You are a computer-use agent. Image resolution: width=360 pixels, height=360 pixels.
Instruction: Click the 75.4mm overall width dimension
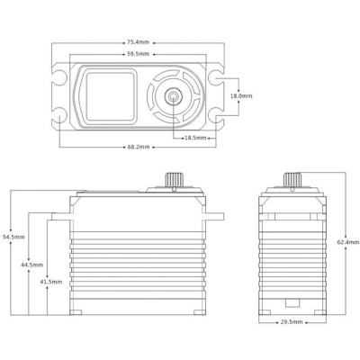point(138,41)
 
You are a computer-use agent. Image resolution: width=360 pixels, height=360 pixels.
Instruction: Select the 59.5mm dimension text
point(138,56)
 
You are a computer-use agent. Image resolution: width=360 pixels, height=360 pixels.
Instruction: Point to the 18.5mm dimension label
point(196,138)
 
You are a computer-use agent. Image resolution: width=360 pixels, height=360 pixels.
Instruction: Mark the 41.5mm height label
point(51,281)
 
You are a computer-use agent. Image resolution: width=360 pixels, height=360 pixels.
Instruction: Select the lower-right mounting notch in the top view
point(219,116)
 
